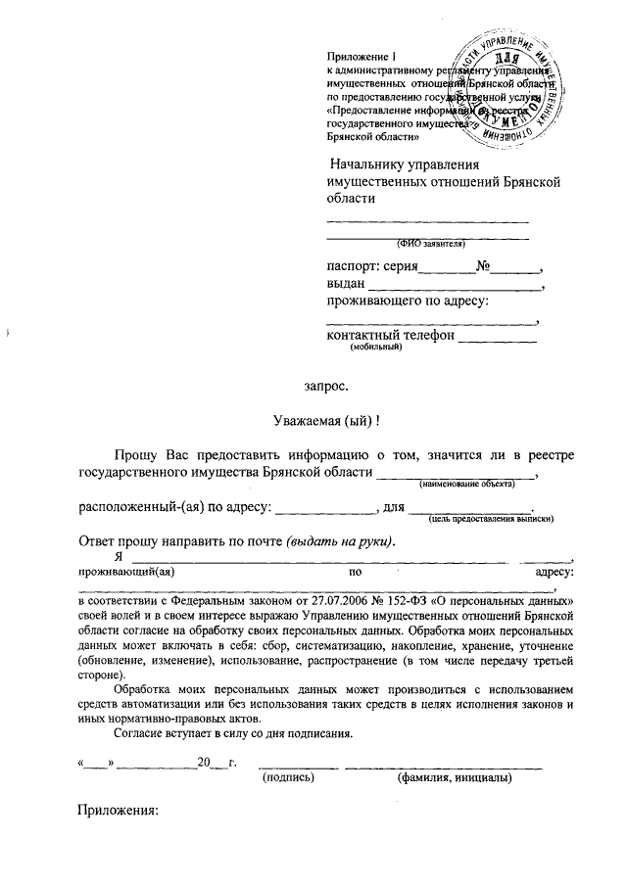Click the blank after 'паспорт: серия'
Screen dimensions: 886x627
(447, 267)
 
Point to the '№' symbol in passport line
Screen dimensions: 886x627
(483, 266)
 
